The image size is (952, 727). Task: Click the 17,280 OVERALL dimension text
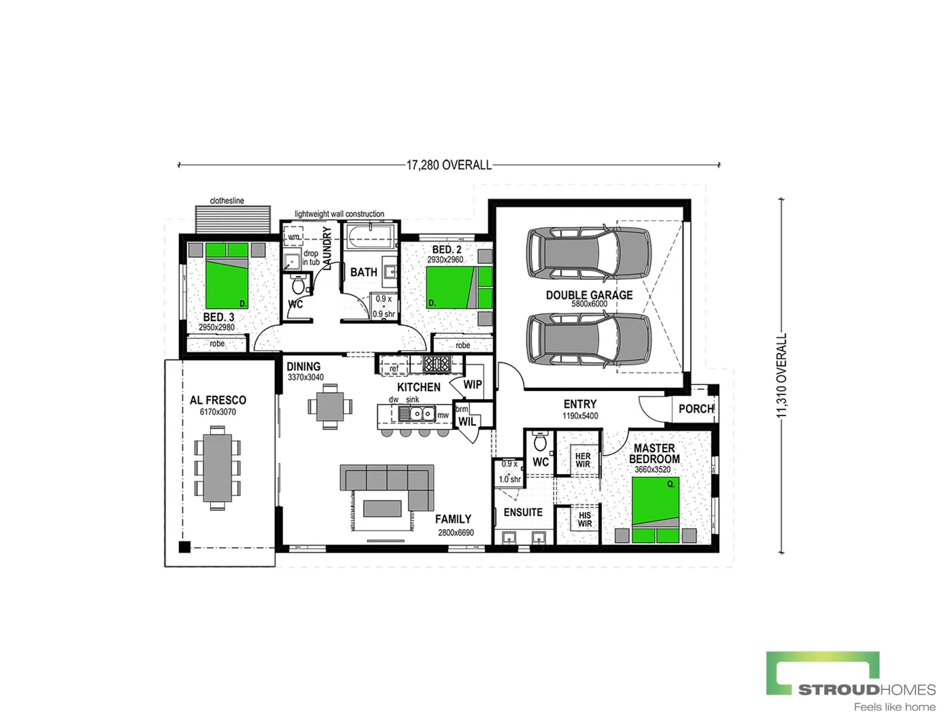(x=449, y=165)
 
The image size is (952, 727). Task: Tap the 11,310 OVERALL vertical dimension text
(x=781, y=376)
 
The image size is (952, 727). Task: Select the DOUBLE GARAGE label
(x=589, y=296)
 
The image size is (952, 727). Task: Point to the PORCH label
(x=696, y=409)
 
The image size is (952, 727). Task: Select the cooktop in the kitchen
(x=436, y=363)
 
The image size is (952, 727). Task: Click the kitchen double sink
(x=417, y=413)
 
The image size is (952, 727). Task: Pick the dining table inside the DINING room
(x=330, y=406)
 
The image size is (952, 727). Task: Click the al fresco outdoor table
(x=217, y=468)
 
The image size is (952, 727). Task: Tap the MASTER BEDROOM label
(x=654, y=454)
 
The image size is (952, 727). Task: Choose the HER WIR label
(x=582, y=460)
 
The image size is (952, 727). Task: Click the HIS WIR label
(x=584, y=520)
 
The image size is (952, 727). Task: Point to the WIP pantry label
(x=473, y=384)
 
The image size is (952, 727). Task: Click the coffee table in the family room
(x=382, y=508)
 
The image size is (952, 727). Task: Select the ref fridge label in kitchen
(x=394, y=368)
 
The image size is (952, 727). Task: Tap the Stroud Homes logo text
(x=867, y=690)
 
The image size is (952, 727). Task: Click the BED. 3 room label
(x=219, y=317)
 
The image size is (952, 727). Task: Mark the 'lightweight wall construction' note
(x=339, y=213)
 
